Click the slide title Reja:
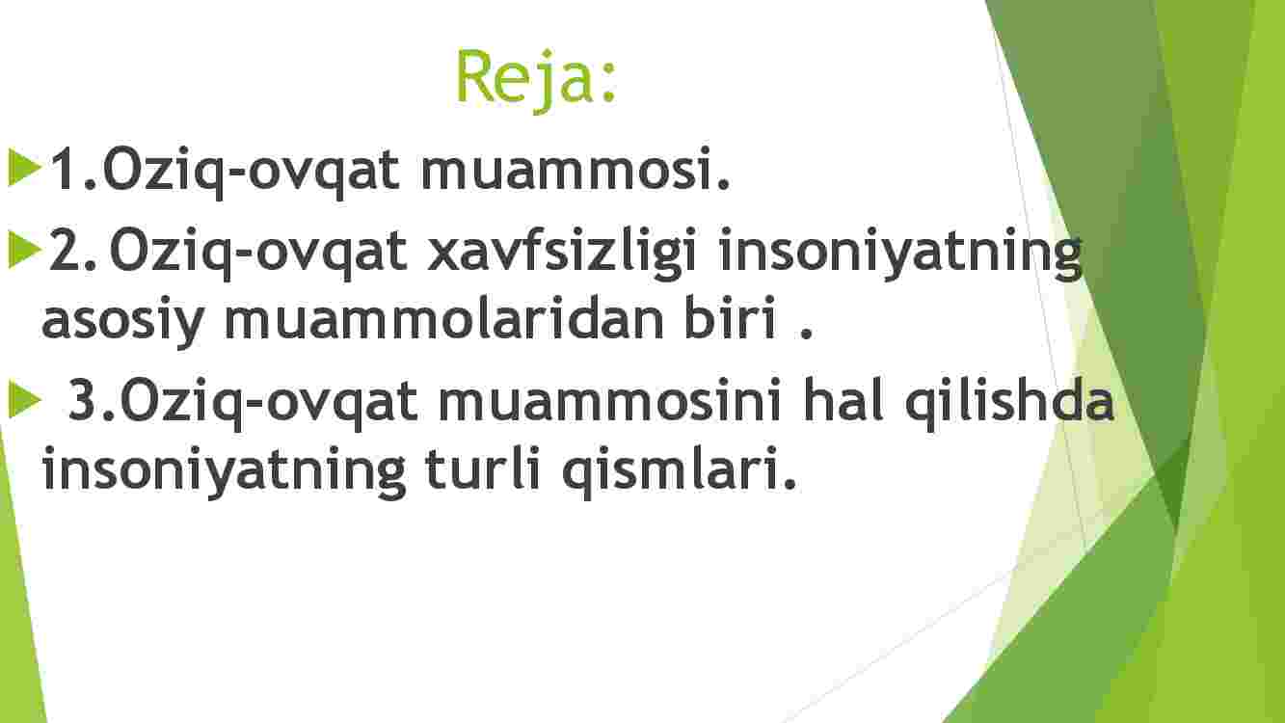(536, 79)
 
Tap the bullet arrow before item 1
(25, 168)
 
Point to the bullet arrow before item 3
(25, 399)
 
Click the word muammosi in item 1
(576, 169)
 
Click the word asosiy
(122, 321)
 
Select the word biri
(729, 317)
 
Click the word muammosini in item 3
(609, 399)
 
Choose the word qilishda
(1009, 403)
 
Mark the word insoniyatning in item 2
(900, 254)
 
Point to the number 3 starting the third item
(85, 399)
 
